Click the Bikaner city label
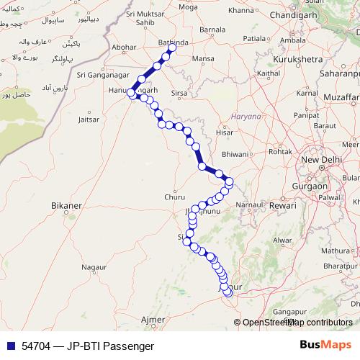pos(66,205)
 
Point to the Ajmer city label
pos(153,319)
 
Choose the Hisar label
pos(226,132)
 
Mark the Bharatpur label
pos(340,266)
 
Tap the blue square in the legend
pos(10,346)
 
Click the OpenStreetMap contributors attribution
pos(297,322)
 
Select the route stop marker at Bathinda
pos(172,48)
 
